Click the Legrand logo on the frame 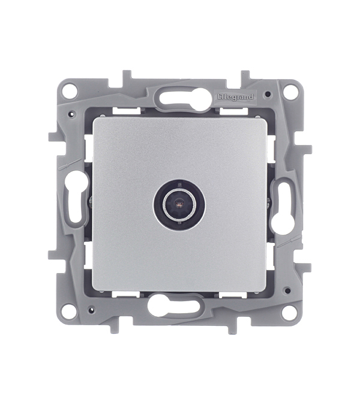coord(236,97)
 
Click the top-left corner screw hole coord(71,89)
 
